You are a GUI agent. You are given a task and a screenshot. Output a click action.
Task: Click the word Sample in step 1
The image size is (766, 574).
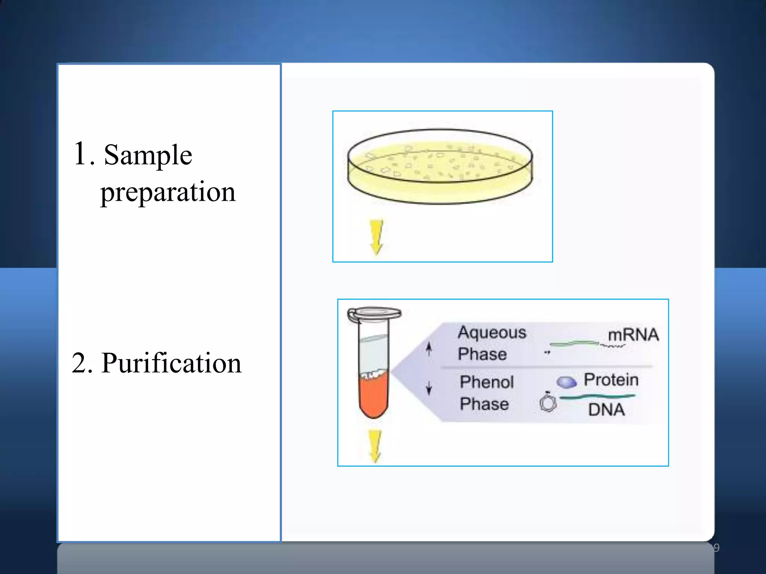click(148, 155)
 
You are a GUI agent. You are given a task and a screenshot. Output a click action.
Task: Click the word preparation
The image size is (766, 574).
click(168, 192)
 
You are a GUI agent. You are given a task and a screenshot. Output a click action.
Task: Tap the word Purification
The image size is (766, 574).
click(171, 363)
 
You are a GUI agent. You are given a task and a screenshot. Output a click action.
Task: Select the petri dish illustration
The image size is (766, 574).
click(440, 167)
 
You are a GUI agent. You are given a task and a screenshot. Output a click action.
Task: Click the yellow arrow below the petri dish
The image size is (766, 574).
click(376, 237)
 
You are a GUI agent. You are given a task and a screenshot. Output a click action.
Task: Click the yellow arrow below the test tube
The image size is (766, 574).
click(375, 446)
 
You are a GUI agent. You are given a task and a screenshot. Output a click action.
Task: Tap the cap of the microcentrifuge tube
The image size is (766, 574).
click(374, 314)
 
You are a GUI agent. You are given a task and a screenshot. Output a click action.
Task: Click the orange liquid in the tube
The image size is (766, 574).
click(373, 396)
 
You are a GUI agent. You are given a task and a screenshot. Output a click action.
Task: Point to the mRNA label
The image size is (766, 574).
click(633, 334)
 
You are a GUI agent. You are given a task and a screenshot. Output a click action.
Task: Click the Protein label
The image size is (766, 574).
click(611, 380)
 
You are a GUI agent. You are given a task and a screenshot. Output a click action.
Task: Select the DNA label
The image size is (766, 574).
click(606, 410)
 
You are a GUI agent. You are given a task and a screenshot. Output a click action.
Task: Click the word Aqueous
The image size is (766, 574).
click(492, 332)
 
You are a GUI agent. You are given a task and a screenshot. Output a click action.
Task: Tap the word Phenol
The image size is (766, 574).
click(487, 382)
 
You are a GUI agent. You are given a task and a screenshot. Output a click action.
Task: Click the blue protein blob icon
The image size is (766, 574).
click(566, 382)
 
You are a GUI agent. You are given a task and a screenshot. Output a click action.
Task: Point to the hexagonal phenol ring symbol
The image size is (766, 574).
click(548, 403)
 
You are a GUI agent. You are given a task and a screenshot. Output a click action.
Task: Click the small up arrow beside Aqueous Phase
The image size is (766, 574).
click(429, 349)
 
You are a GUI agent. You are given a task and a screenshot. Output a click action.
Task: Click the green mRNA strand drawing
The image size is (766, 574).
click(574, 343)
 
